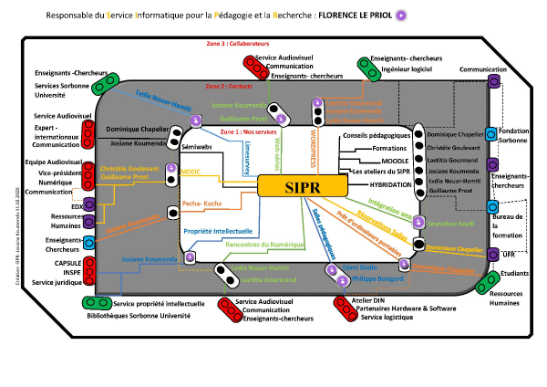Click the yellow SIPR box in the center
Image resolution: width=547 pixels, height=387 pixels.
302,185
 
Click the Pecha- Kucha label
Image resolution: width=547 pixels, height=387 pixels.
201,204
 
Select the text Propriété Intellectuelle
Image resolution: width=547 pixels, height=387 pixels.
219,232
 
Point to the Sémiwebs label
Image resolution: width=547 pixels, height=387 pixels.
198,146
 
